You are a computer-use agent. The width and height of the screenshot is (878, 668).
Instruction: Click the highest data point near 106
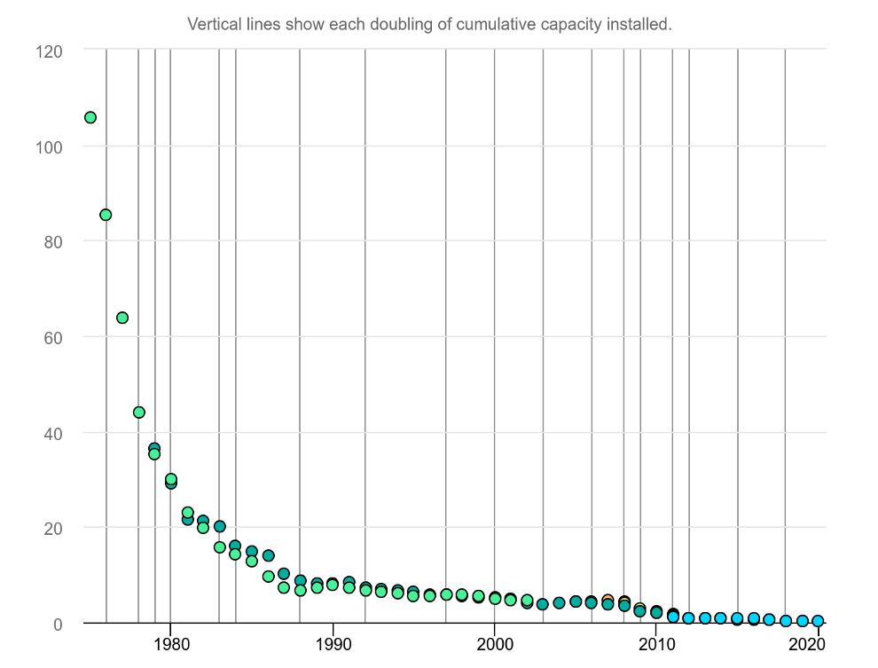(90, 117)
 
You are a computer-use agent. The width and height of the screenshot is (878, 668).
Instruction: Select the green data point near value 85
(106, 215)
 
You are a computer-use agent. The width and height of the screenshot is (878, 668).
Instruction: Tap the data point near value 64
(122, 318)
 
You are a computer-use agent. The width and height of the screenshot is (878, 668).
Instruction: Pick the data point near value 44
(139, 412)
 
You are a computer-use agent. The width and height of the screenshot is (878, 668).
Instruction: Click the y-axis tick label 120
(50, 51)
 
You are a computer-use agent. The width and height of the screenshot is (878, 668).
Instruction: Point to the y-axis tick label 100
(50, 146)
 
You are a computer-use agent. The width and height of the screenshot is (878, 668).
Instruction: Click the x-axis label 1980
(170, 643)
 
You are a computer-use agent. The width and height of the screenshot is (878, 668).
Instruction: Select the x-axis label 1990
(333, 643)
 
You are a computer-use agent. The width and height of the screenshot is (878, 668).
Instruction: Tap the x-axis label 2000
(495, 643)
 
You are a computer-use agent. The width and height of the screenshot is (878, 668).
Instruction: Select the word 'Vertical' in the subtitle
(212, 24)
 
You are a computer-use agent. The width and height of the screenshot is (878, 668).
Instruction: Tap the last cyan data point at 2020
(818, 621)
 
